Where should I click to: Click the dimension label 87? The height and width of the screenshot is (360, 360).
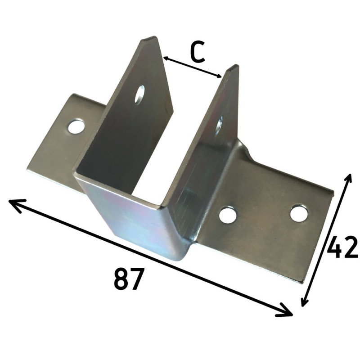129,279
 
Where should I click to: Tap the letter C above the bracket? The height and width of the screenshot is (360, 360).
197,53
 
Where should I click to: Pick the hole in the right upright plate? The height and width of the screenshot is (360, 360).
220,123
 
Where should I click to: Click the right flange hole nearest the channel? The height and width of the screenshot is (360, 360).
228,215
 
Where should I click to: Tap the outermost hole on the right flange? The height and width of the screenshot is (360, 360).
299,213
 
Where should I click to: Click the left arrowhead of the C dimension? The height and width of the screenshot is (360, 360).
165,58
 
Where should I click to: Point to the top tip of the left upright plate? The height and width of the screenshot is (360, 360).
151,40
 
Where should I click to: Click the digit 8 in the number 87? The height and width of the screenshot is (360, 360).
121,279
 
